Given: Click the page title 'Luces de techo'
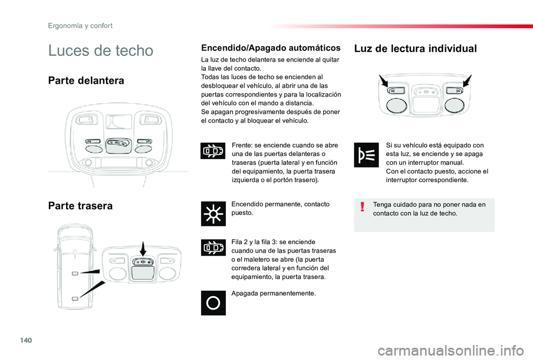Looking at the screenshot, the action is [x=100, y=50].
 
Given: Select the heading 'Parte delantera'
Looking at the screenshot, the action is [x=86, y=80].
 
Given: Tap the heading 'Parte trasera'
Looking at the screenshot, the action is [x=80, y=206].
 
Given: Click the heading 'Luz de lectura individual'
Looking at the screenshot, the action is [x=415, y=49].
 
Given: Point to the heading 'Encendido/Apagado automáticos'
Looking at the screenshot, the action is [x=271, y=48].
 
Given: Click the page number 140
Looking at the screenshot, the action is [x=26, y=340].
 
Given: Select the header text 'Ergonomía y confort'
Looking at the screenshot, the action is [x=80, y=26].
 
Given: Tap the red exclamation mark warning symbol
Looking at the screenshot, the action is [x=363, y=206].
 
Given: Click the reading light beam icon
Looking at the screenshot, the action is [x=366, y=155].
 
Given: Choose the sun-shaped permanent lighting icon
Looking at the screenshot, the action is [x=213, y=214].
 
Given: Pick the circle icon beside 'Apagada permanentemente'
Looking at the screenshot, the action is [x=213, y=303].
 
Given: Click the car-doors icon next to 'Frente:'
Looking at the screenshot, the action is [x=213, y=151].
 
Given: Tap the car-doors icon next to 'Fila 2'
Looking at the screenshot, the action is [x=213, y=247].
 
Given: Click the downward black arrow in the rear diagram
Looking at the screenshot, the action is [x=143, y=249].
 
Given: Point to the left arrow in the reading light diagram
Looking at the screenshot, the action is [x=384, y=81].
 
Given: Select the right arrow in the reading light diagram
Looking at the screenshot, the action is [x=467, y=81].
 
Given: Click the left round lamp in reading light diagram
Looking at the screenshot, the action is [x=396, y=105].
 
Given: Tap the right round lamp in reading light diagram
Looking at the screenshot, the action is [x=455, y=105].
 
